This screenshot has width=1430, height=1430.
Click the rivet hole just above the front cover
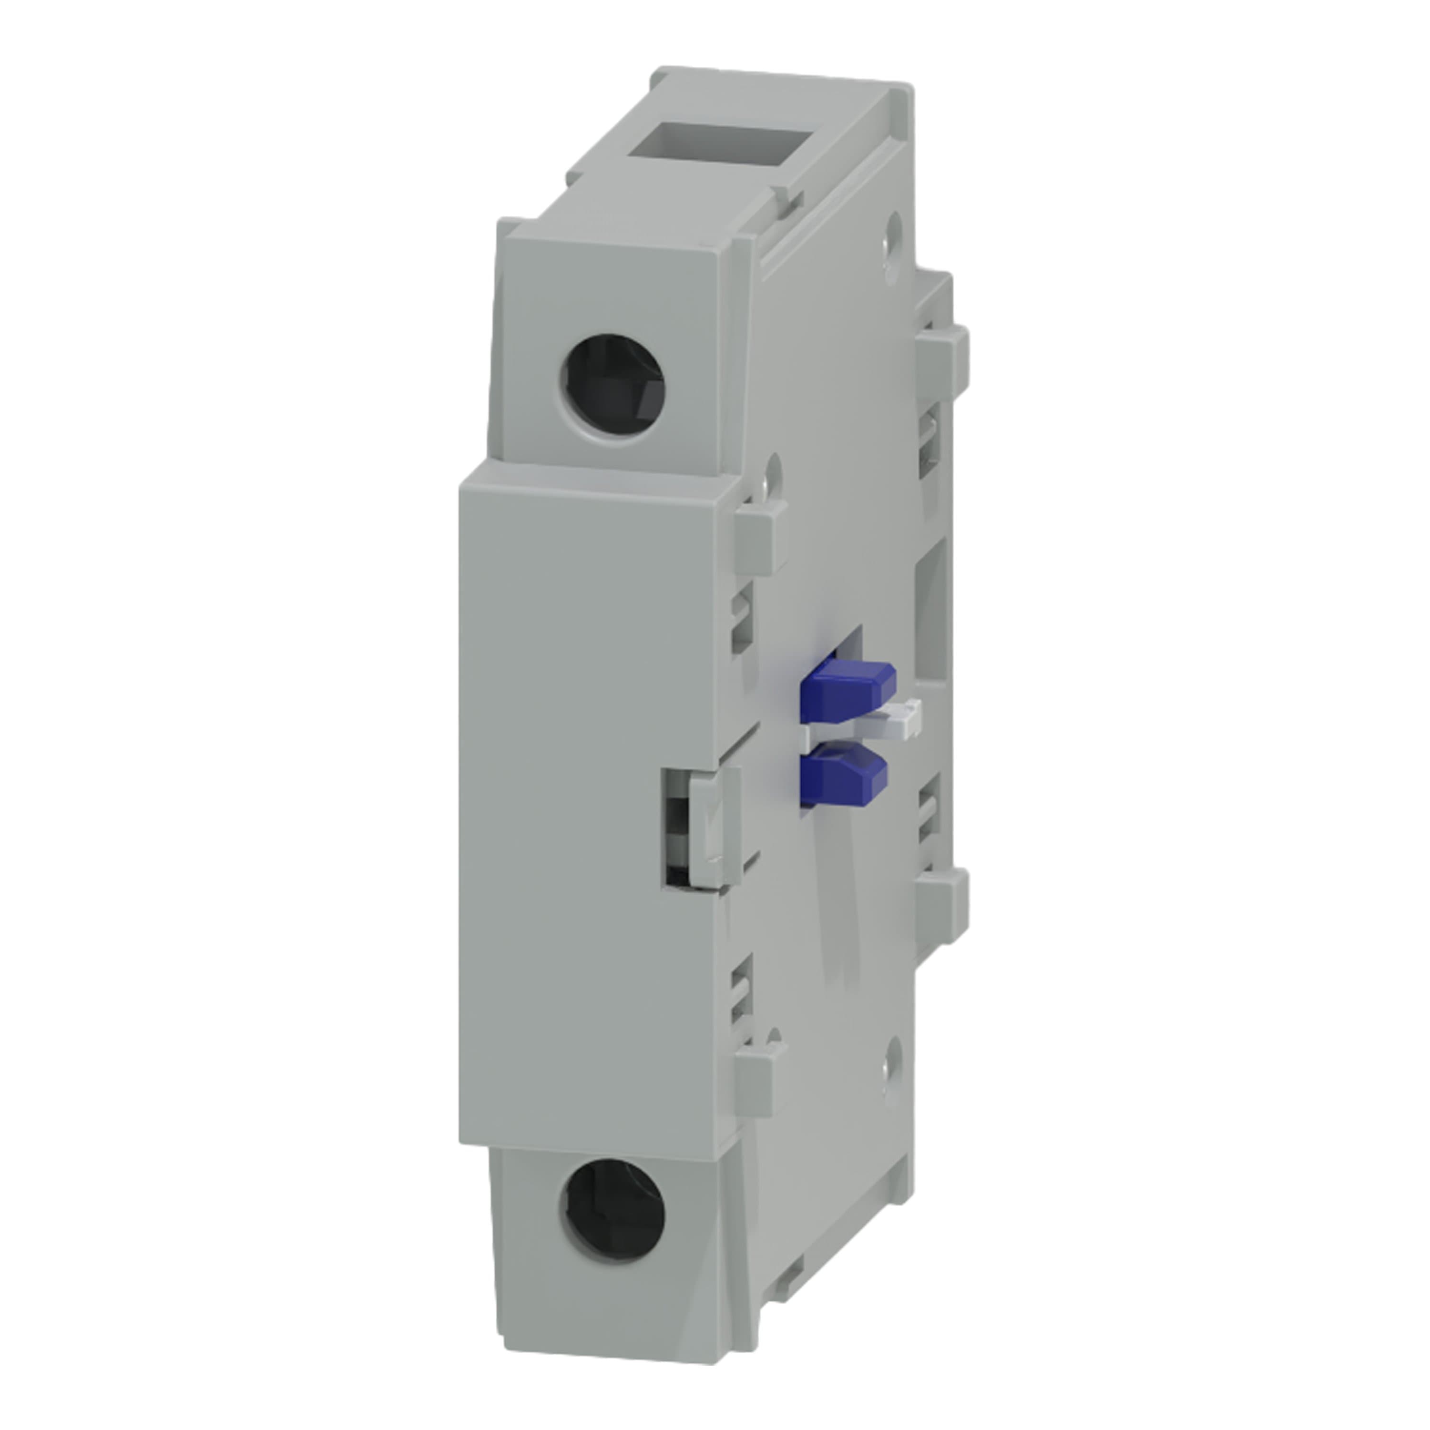[x=773, y=469]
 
